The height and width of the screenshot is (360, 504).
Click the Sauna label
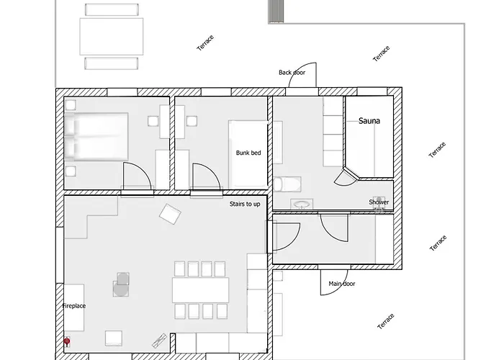pyautogui.click(x=369, y=121)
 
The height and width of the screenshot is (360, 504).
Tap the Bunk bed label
pyautogui.click(x=248, y=153)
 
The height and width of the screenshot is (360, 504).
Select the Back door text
pyautogui.click(x=292, y=73)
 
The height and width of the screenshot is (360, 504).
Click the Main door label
pyautogui.click(x=342, y=284)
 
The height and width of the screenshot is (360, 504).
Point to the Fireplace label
pyautogui.click(x=74, y=306)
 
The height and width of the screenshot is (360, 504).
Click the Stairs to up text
pyautogui.click(x=245, y=204)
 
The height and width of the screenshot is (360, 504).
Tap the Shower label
pyautogui.click(x=379, y=202)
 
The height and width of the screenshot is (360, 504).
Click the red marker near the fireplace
pyautogui.click(x=67, y=341)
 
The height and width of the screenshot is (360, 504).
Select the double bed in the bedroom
pyautogui.click(x=96, y=136)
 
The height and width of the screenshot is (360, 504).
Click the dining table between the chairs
pyautogui.click(x=201, y=290)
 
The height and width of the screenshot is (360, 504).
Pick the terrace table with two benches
pyautogui.click(x=112, y=36)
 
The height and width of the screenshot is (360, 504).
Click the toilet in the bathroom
pyautogui.click(x=287, y=184)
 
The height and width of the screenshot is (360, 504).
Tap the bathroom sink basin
pyautogui.click(x=302, y=204)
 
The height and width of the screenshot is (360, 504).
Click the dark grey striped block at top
pyautogui.click(x=276, y=12)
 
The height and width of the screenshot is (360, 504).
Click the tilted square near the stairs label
pyautogui.click(x=170, y=214)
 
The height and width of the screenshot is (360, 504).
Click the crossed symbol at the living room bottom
pyautogui.click(x=159, y=341)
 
